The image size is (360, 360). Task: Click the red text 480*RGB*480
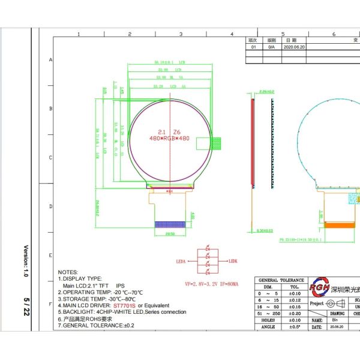click(x=169, y=137)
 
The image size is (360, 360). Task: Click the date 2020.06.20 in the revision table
click(x=294, y=46)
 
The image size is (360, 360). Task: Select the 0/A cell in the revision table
click(x=271, y=46)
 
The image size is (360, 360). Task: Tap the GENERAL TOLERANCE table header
click(x=281, y=280)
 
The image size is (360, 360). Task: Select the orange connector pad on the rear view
click(x=339, y=226)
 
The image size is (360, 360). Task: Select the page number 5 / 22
click(x=25, y=307)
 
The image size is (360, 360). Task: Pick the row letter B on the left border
click(x=50, y=109)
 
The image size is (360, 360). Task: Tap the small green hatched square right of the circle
click(x=217, y=142)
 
